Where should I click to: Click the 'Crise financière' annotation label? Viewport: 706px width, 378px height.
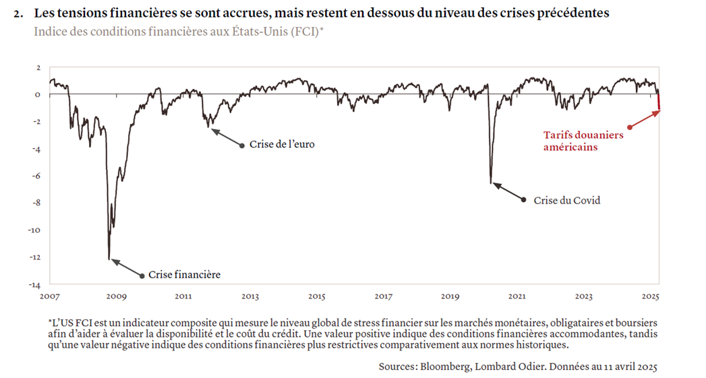click(184, 275)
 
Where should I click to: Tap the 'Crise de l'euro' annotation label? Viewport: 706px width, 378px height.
click(282, 144)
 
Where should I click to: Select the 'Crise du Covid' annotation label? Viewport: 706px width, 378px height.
click(566, 200)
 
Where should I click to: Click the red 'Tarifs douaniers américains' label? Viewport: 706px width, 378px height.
click(583, 141)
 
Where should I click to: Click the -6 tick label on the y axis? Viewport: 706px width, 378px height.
click(36, 176)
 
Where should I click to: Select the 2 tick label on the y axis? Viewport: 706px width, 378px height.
click(38, 67)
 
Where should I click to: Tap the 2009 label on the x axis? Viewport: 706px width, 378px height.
click(116, 296)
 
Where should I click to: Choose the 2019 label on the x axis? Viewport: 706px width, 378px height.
click(450, 296)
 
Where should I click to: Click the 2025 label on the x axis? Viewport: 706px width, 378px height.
click(650, 296)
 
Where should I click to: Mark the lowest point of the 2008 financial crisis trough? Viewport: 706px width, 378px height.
click(109, 258)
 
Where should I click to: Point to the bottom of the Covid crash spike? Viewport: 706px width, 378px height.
click(491, 183)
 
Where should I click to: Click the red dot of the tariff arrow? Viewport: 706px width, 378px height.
click(629, 127)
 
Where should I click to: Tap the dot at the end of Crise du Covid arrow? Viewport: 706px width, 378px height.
click(524, 199)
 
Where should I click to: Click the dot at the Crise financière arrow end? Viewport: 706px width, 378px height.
click(142, 275)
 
